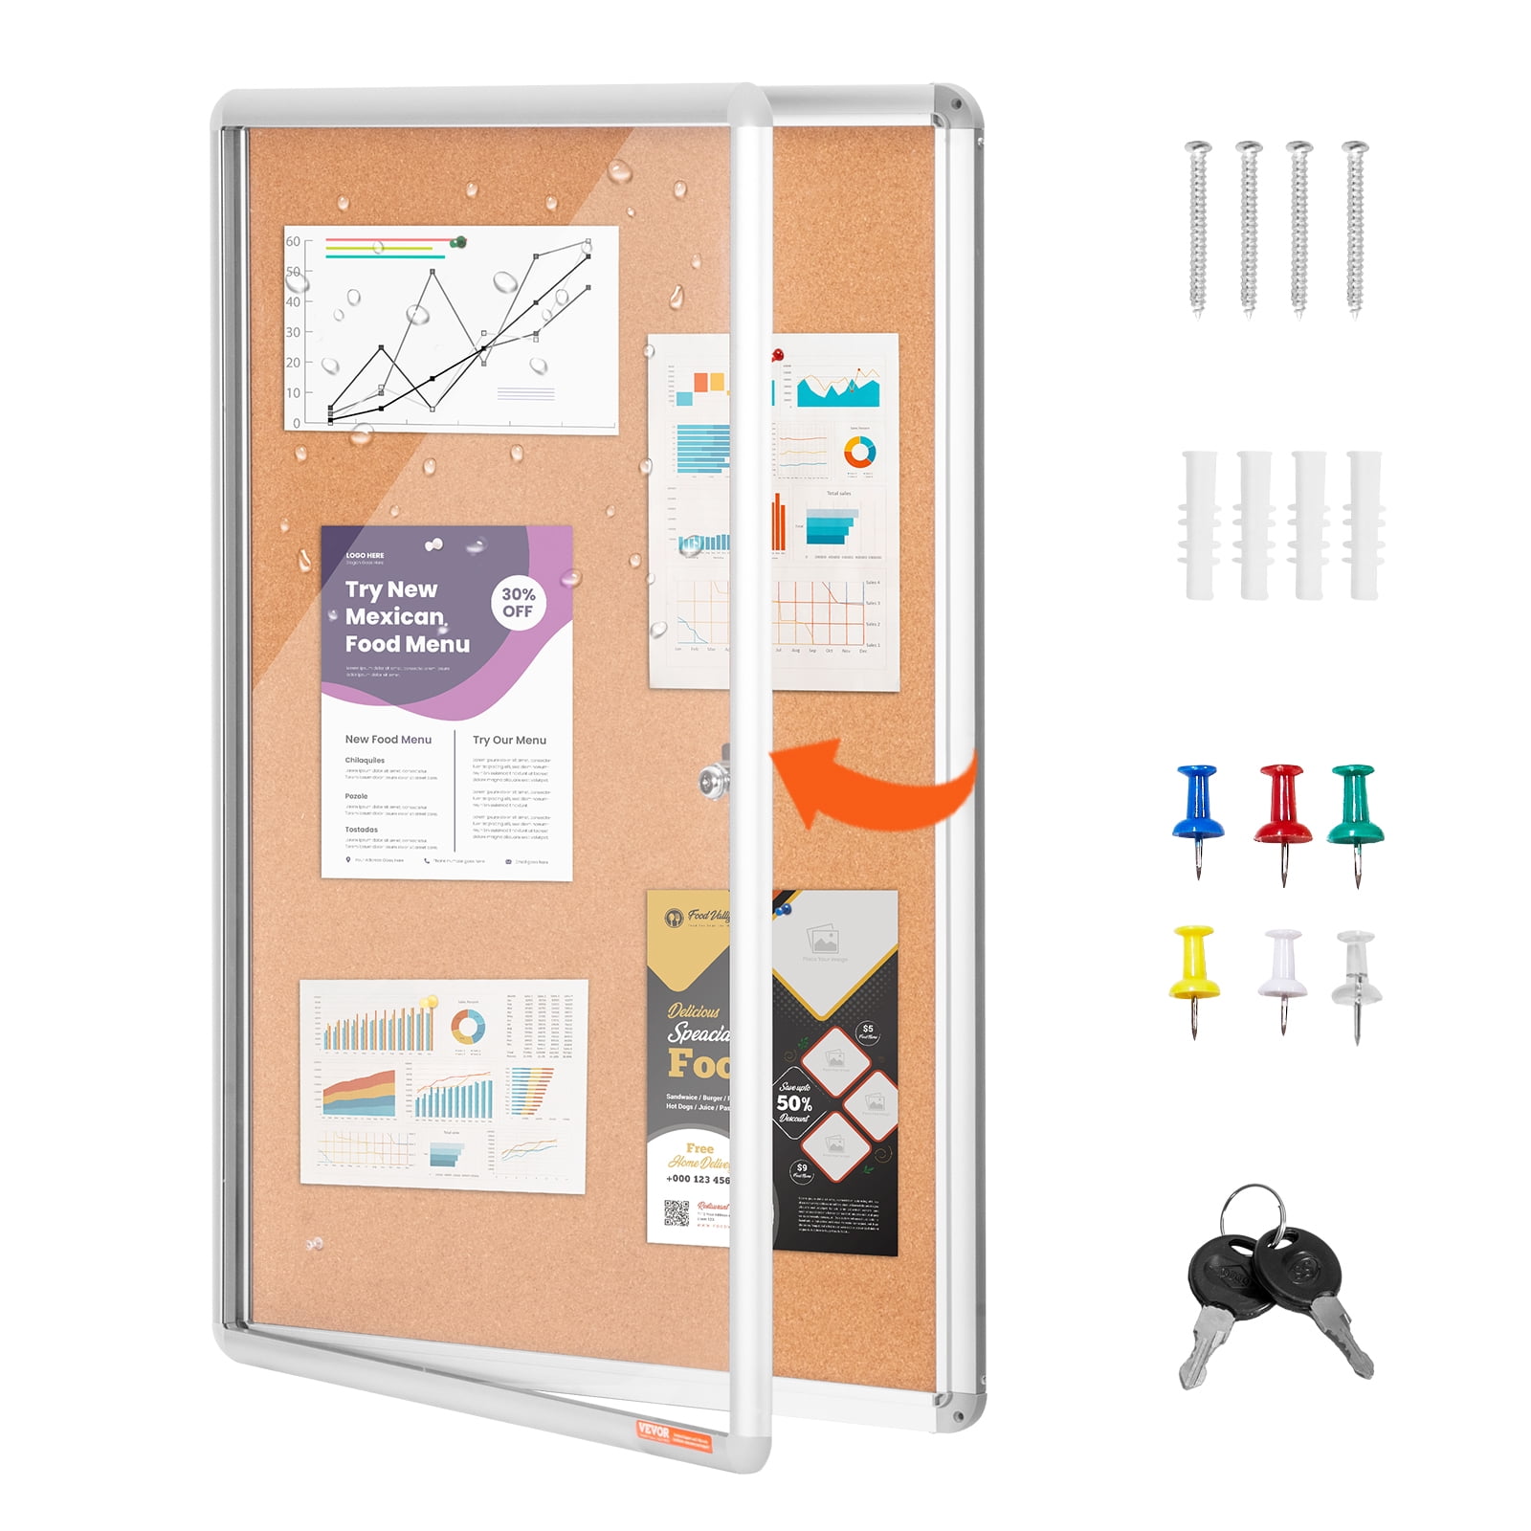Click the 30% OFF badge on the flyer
pos(518,603)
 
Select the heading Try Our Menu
pos(509,740)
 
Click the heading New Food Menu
pos(388,740)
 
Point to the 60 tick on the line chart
pos(293,241)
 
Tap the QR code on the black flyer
pos(677,1213)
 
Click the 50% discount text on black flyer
pos(793,1103)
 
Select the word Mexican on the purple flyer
pos(394,616)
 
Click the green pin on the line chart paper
pos(460,242)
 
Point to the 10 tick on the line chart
pos(293,392)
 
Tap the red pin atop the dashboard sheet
pos(777,355)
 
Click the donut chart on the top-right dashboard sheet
pos(859,452)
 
